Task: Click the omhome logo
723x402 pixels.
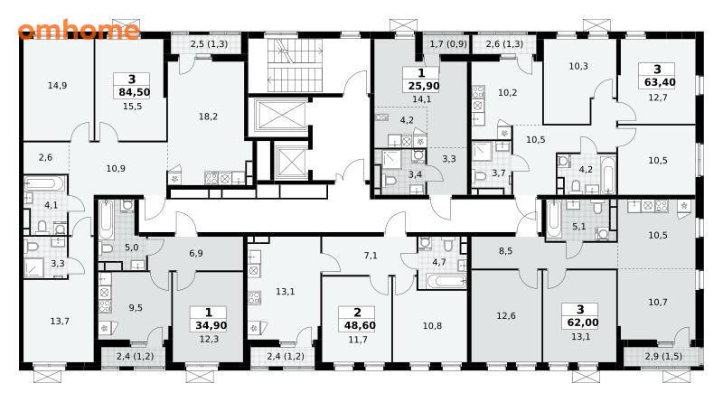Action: tap(79, 30)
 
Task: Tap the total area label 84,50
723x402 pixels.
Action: tap(134, 92)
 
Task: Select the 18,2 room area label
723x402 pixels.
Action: tap(208, 117)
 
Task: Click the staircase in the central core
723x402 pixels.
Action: tap(290, 65)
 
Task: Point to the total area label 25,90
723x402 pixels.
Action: tap(423, 86)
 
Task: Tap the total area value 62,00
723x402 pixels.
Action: tap(582, 323)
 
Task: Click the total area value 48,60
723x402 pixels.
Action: tap(360, 325)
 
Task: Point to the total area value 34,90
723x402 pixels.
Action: tap(211, 325)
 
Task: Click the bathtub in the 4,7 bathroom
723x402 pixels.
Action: tap(445, 281)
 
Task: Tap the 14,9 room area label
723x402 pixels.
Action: tap(57, 85)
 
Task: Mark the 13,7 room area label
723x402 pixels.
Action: tap(60, 322)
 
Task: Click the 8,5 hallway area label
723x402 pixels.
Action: tap(505, 251)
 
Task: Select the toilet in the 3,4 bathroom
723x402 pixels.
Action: tap(390, 180)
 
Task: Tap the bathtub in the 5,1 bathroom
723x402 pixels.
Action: tap(554, 218)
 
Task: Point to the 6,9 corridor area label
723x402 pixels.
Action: tap(196, 253)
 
